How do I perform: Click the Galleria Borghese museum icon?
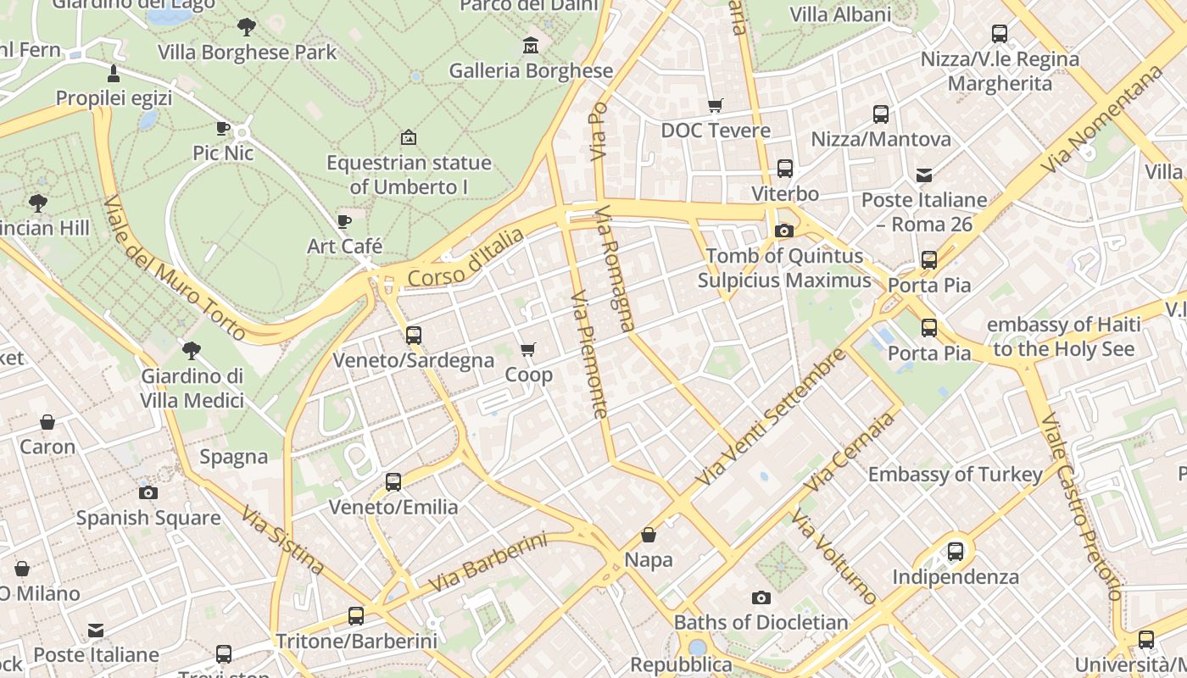[x=531, y=44]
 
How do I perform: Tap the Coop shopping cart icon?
[x=528, y=349]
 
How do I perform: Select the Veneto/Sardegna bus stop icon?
[x=414, y=335]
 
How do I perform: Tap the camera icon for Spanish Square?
[x=148, y=492]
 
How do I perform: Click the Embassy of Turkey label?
[x=955, y=474]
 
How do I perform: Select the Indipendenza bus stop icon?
[x=956, y=552]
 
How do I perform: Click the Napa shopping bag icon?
[x=649, y=535]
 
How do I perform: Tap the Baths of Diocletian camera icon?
[x=761, y=597]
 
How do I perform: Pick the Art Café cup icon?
[x=344, y=221]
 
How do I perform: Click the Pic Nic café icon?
[x=223, y=128]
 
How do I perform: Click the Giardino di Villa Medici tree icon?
[x=192, y=350]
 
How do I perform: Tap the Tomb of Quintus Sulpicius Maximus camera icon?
[x=784, y=231]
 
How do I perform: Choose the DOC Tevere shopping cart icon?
[x=716, y=105]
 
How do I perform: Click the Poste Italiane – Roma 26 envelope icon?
[x=924, y=175]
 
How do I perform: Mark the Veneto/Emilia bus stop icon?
[x=393, y=482]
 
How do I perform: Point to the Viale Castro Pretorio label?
[x=1080, y=506]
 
